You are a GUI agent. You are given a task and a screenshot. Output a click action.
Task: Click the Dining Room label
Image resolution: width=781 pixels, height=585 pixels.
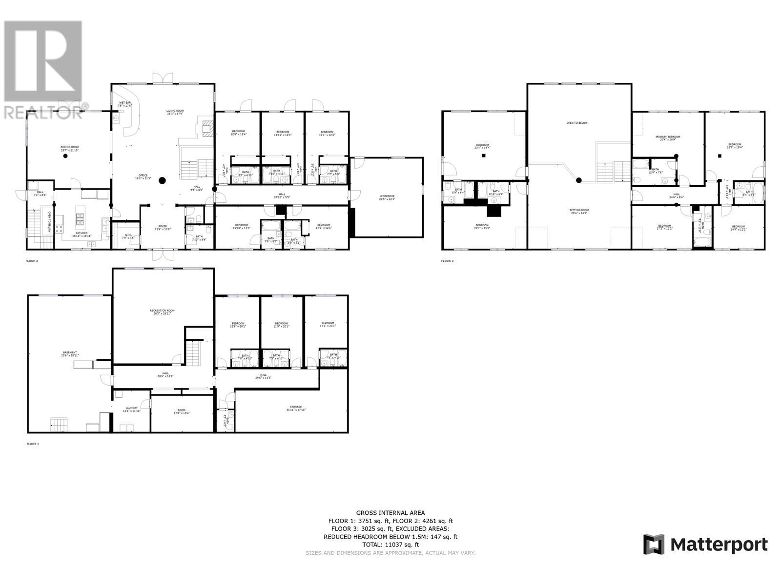(69, 147)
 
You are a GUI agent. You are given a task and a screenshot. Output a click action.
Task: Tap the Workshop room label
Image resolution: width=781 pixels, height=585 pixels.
(387, 197)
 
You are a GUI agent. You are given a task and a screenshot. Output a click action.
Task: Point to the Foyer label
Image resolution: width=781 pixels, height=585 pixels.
(163, 227)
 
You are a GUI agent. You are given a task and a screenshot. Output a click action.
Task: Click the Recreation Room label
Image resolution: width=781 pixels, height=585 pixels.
(162, 311)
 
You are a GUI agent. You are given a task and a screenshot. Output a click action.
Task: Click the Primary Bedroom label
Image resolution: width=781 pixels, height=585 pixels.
(668, 137)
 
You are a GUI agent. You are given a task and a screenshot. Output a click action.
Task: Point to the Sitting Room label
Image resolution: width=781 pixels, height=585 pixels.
(579, 211)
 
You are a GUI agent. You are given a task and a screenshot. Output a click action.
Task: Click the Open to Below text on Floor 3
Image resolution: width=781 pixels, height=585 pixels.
(577, 123)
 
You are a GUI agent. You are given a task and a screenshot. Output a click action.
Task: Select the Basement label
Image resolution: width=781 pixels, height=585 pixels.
(70, 353)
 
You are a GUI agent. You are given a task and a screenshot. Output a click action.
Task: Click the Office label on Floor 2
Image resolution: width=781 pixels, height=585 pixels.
(143, 176)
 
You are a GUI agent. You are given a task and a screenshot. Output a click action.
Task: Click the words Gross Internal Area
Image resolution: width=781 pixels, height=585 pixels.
(390, 513)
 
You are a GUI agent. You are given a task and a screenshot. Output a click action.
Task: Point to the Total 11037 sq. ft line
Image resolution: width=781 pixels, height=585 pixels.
(390, 545)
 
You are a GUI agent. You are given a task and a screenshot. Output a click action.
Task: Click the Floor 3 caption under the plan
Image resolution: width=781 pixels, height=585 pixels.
(447, 261)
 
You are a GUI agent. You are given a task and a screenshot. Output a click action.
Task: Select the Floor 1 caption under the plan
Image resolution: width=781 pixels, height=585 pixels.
(32, 444)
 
